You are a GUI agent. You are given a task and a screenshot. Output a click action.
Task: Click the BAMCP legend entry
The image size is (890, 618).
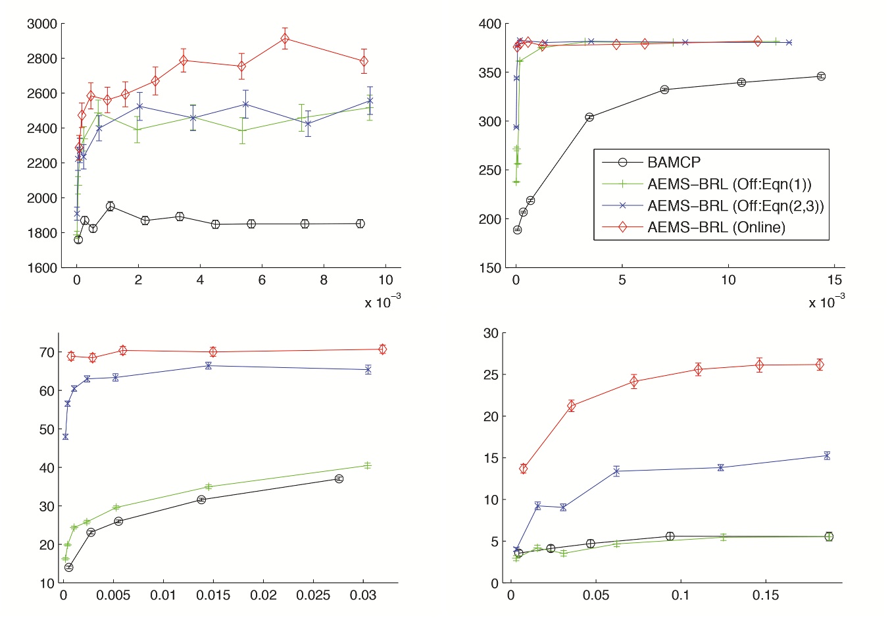[x=673, y=162]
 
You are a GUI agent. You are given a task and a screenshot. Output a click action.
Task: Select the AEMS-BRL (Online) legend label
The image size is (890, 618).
[x=716, y=227]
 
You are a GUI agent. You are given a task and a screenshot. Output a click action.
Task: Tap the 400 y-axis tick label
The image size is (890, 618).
[x=489, y=24]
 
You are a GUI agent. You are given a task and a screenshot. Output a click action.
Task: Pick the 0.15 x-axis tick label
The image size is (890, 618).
[x=766, y=595]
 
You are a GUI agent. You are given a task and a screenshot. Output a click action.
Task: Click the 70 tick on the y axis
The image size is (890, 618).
[x=47, y=352]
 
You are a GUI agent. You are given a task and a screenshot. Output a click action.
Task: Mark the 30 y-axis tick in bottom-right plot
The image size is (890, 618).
[x=491, y=333]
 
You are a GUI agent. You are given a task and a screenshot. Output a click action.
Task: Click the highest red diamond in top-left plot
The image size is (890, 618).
[x=285, y=39]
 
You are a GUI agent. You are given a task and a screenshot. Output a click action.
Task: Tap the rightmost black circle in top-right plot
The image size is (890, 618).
[x=821, y=76]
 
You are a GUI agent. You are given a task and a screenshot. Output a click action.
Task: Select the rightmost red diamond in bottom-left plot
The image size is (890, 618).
[x=382, y=349]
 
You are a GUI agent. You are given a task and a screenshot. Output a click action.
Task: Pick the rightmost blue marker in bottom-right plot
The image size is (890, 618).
[x=827, y=455]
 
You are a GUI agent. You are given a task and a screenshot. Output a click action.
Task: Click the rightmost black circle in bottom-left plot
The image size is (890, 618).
[x=339, y=479]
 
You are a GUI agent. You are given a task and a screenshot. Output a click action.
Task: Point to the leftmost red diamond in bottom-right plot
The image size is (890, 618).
[x=524, y=469]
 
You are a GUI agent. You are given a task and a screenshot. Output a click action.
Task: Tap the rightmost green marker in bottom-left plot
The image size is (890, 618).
[x=367, y=465]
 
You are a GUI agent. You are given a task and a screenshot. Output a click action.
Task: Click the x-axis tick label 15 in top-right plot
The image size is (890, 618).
[x=835, y=280]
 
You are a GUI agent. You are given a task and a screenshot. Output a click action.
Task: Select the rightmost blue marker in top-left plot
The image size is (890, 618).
[x=370, y=101]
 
